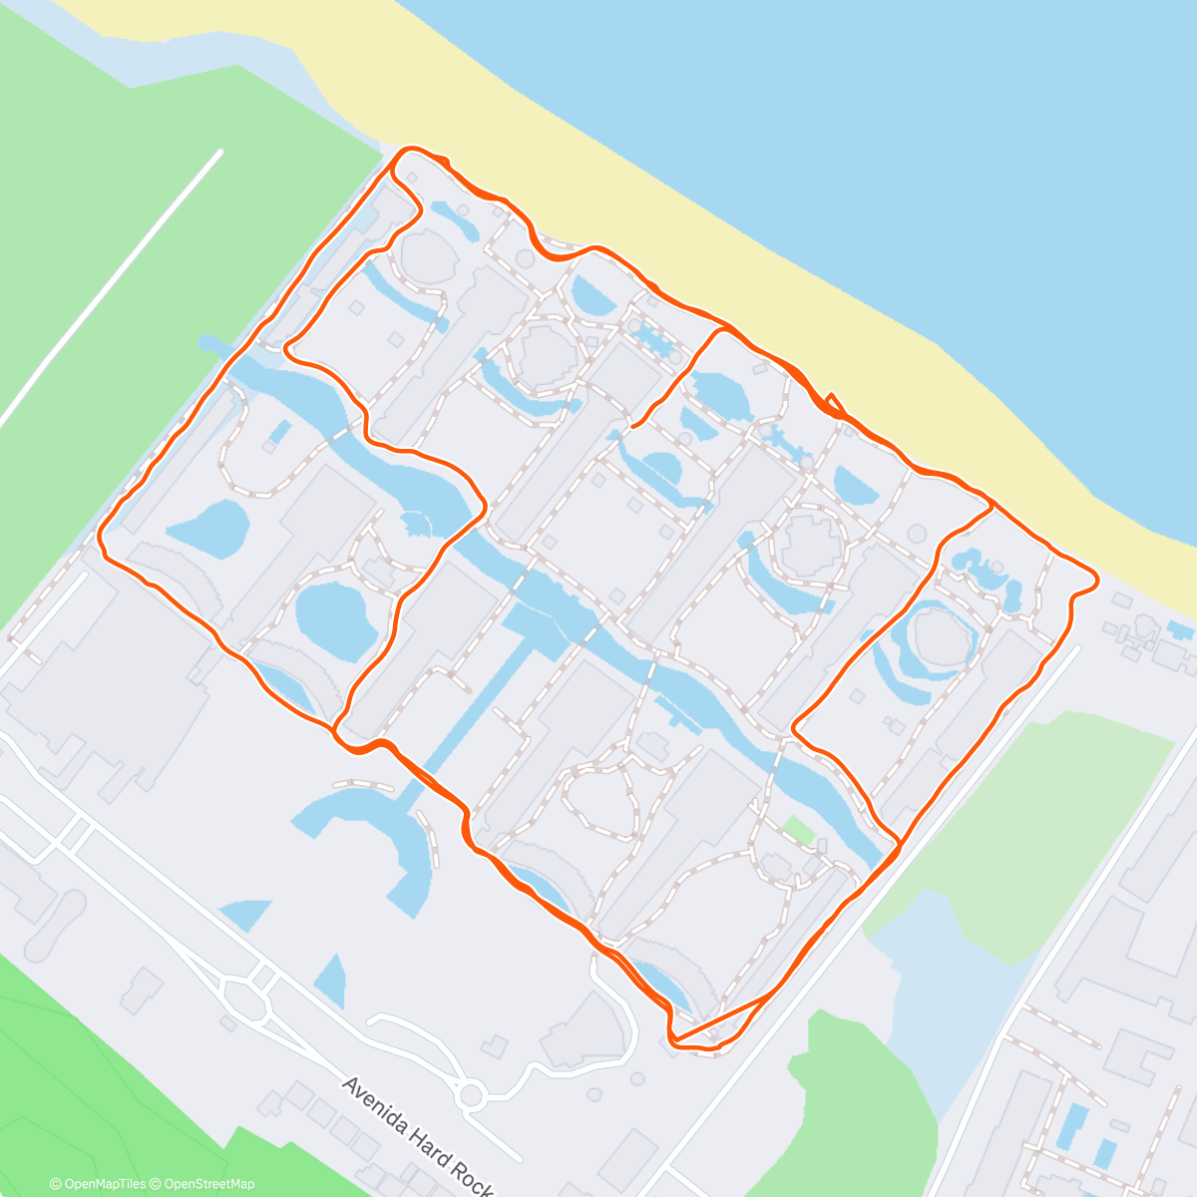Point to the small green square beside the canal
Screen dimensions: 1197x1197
[x=797, y=829]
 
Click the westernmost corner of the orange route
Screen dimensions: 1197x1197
[x=100, y=537]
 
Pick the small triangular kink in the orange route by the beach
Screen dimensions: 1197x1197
[x=834, y=403]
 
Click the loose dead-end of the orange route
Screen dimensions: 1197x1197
[x=632, y=426]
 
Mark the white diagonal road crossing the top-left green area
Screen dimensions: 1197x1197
[x=110, y=289]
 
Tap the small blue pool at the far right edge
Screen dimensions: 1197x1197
[x=1179, y=630]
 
